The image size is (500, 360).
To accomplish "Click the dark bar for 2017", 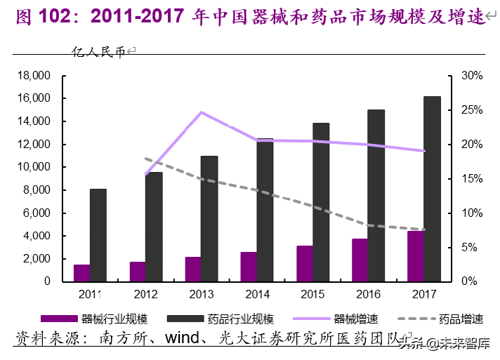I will [x=432, y=189].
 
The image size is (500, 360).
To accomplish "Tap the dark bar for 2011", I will [x=98, y=235].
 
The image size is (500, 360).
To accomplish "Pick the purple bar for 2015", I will [x=304, y=264].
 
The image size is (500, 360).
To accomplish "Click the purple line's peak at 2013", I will [x=201, y=112].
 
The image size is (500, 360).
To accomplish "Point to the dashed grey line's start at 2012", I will [x=145, y=159].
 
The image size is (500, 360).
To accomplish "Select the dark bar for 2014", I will [x=265, y=210].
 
